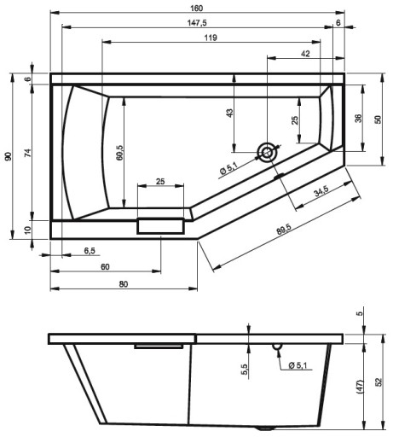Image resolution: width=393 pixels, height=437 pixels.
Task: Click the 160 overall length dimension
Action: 196,9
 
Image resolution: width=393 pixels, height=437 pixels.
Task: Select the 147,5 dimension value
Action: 197,23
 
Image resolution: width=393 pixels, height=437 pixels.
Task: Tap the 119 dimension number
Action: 211,38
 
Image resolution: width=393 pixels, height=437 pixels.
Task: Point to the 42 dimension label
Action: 305,54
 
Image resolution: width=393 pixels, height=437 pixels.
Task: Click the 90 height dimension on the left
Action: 9,156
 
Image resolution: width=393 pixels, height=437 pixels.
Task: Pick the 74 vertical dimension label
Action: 27,153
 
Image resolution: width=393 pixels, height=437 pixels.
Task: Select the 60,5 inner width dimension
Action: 120,153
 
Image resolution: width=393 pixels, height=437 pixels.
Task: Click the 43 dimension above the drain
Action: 229,113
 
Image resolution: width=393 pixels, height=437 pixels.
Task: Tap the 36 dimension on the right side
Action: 359,118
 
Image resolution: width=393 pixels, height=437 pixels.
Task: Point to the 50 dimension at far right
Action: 378,119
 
